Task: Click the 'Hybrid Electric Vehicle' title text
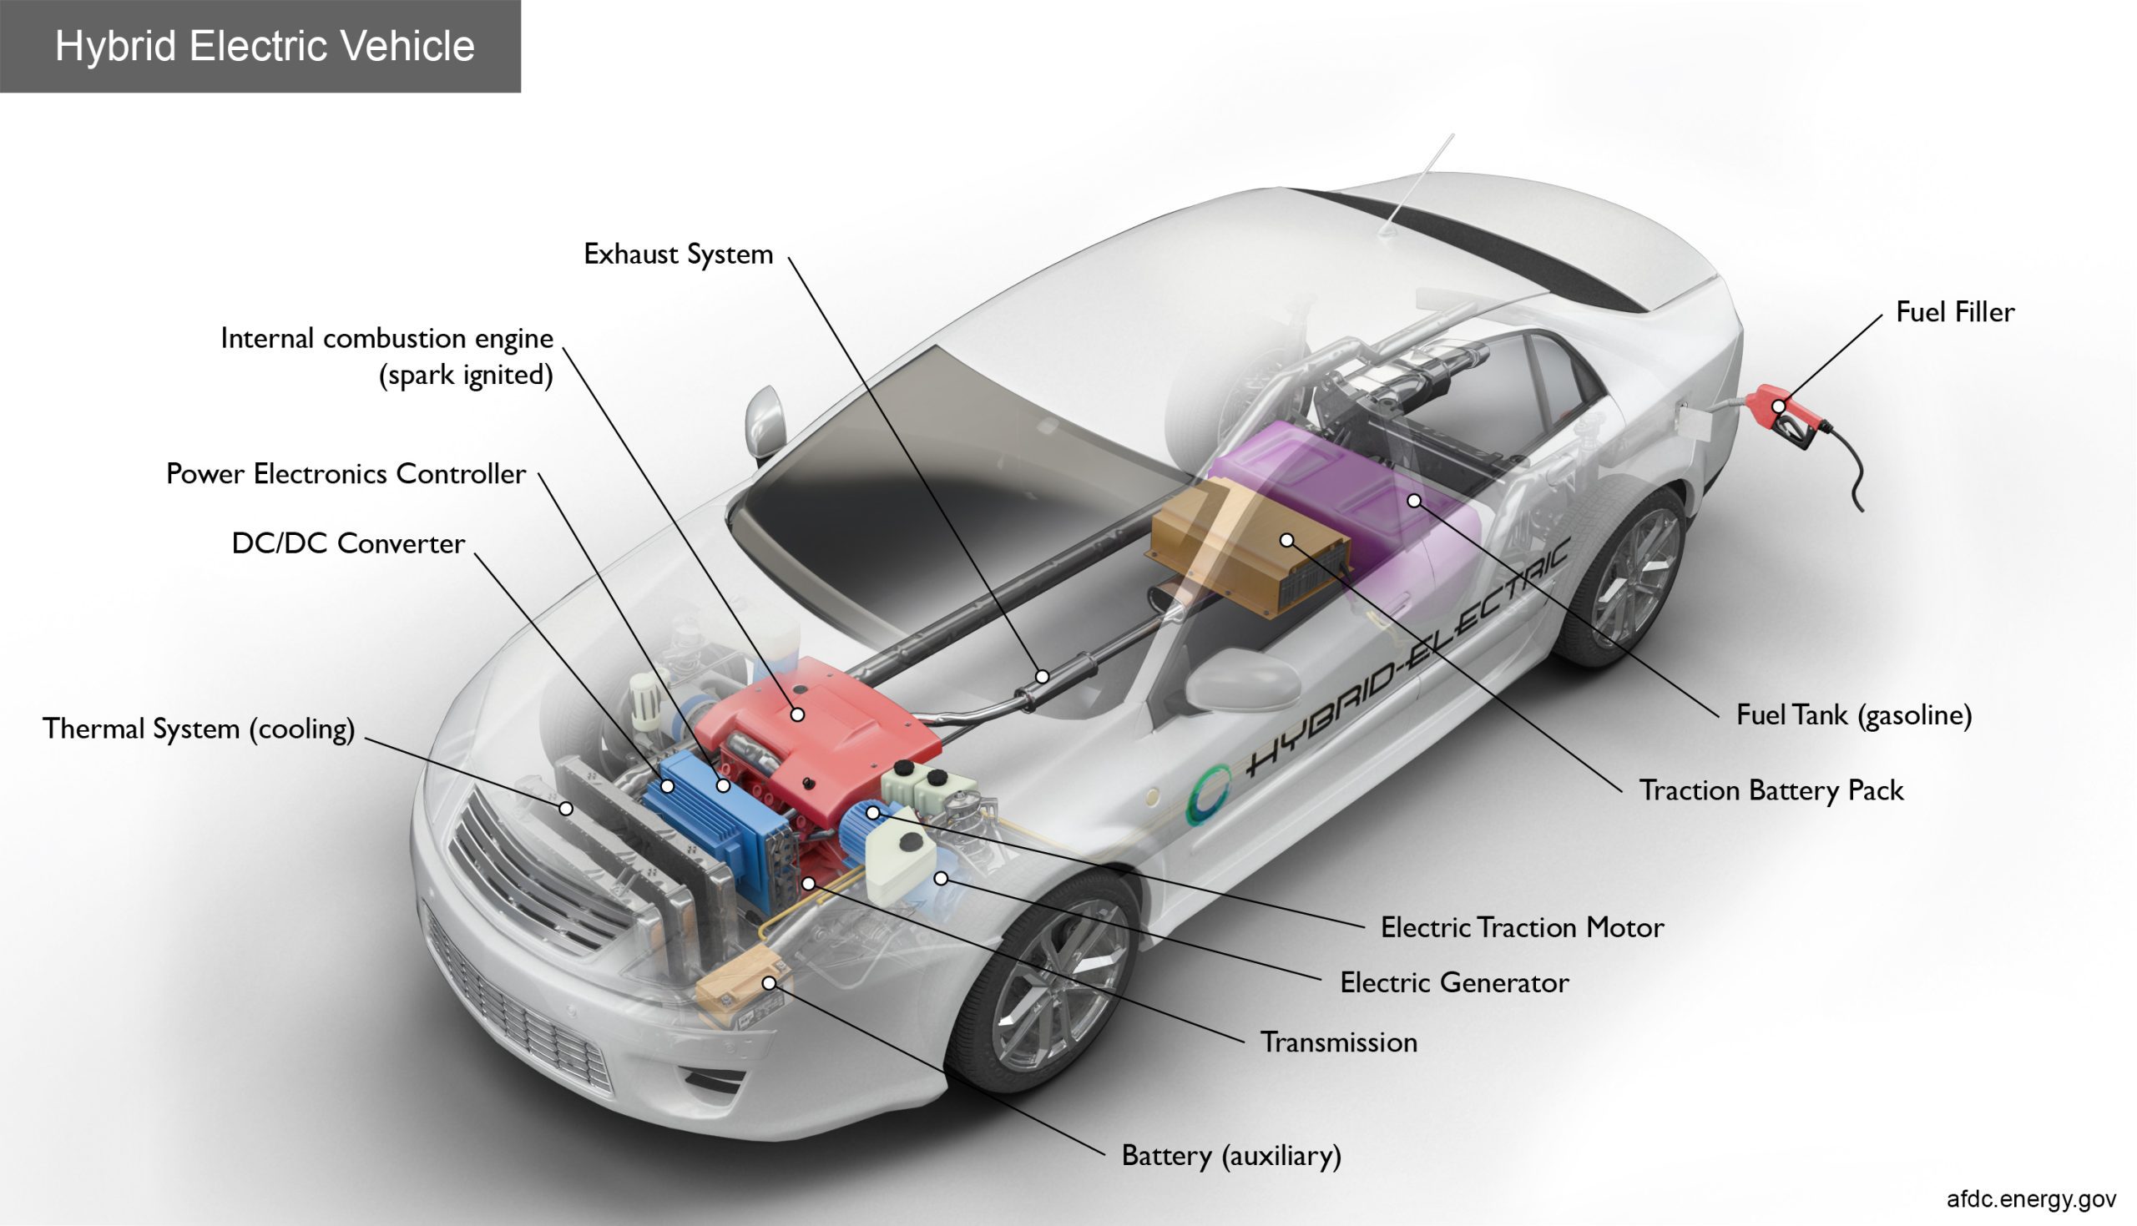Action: click(265, 45)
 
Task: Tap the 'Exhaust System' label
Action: click(678, 255)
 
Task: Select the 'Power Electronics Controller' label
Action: click(346, 474)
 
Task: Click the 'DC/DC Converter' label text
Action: click(348, 544)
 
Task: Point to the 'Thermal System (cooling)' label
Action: click(199, 729)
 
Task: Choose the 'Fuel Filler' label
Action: click(1954, 312)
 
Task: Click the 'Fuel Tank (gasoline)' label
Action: click(1853, 715)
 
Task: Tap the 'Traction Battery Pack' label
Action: click(1770, 790)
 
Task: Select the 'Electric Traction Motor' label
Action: click(1522, 928)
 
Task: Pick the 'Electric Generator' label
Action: click(1454, 982)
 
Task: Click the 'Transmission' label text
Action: click(1338, 1042)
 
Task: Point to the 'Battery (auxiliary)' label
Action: click(1231, 1155)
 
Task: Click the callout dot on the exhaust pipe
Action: click(1042, 676)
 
